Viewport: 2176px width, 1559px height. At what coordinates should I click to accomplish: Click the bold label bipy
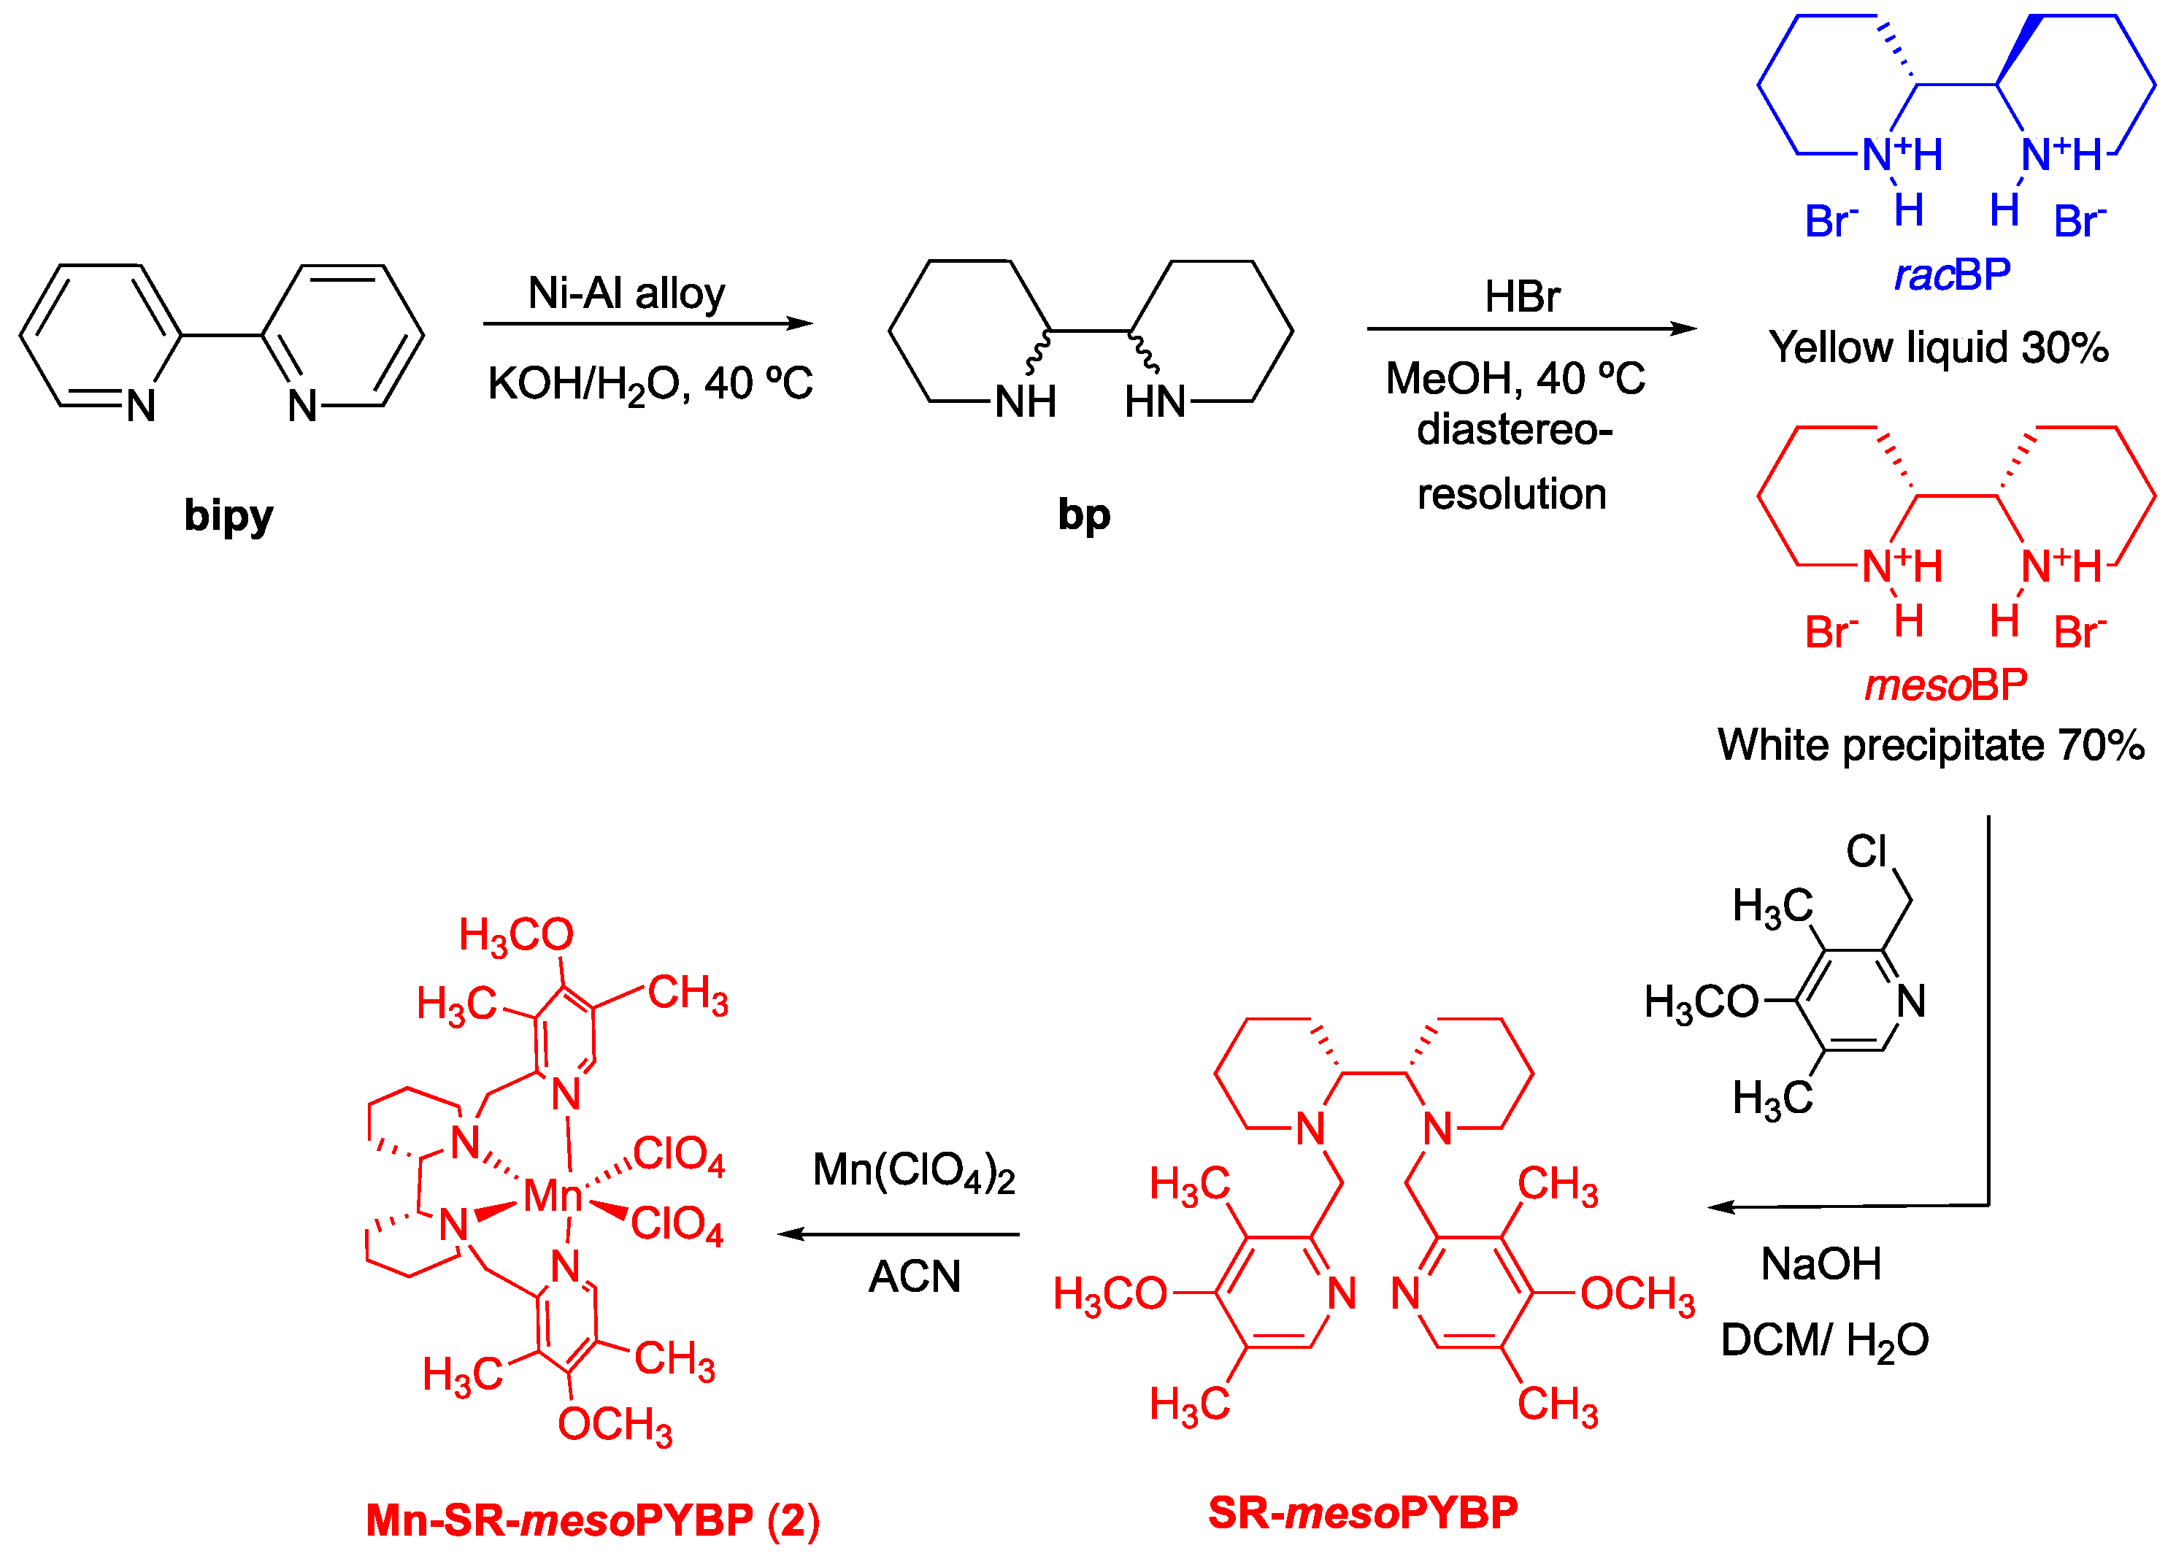point(228,515)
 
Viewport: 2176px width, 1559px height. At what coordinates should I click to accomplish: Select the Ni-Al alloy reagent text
point(626,293)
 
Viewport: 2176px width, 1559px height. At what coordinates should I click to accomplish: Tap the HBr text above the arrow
point(1522,296)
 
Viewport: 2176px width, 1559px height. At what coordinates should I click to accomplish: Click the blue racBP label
point(1951,275)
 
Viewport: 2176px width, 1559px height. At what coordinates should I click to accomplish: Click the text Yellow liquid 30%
point(1938,347)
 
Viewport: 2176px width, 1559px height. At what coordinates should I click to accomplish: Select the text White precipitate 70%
point(1931,745)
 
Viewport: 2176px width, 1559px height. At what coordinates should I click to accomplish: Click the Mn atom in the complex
point(553,1196)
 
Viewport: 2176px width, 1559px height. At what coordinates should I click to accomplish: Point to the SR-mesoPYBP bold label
point(1362,1513)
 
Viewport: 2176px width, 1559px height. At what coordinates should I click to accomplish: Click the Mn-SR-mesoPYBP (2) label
point(592,1520)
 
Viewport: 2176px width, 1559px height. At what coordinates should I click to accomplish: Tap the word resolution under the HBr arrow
point(1511,494)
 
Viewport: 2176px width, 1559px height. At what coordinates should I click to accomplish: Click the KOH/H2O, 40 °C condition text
point(650,384)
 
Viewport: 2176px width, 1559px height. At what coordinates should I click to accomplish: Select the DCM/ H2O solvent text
point(1824,1340)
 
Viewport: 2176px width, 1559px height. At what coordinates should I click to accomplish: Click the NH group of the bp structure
point(1025,402)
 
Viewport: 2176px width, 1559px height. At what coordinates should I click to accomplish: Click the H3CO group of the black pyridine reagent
point(1701,1003)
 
